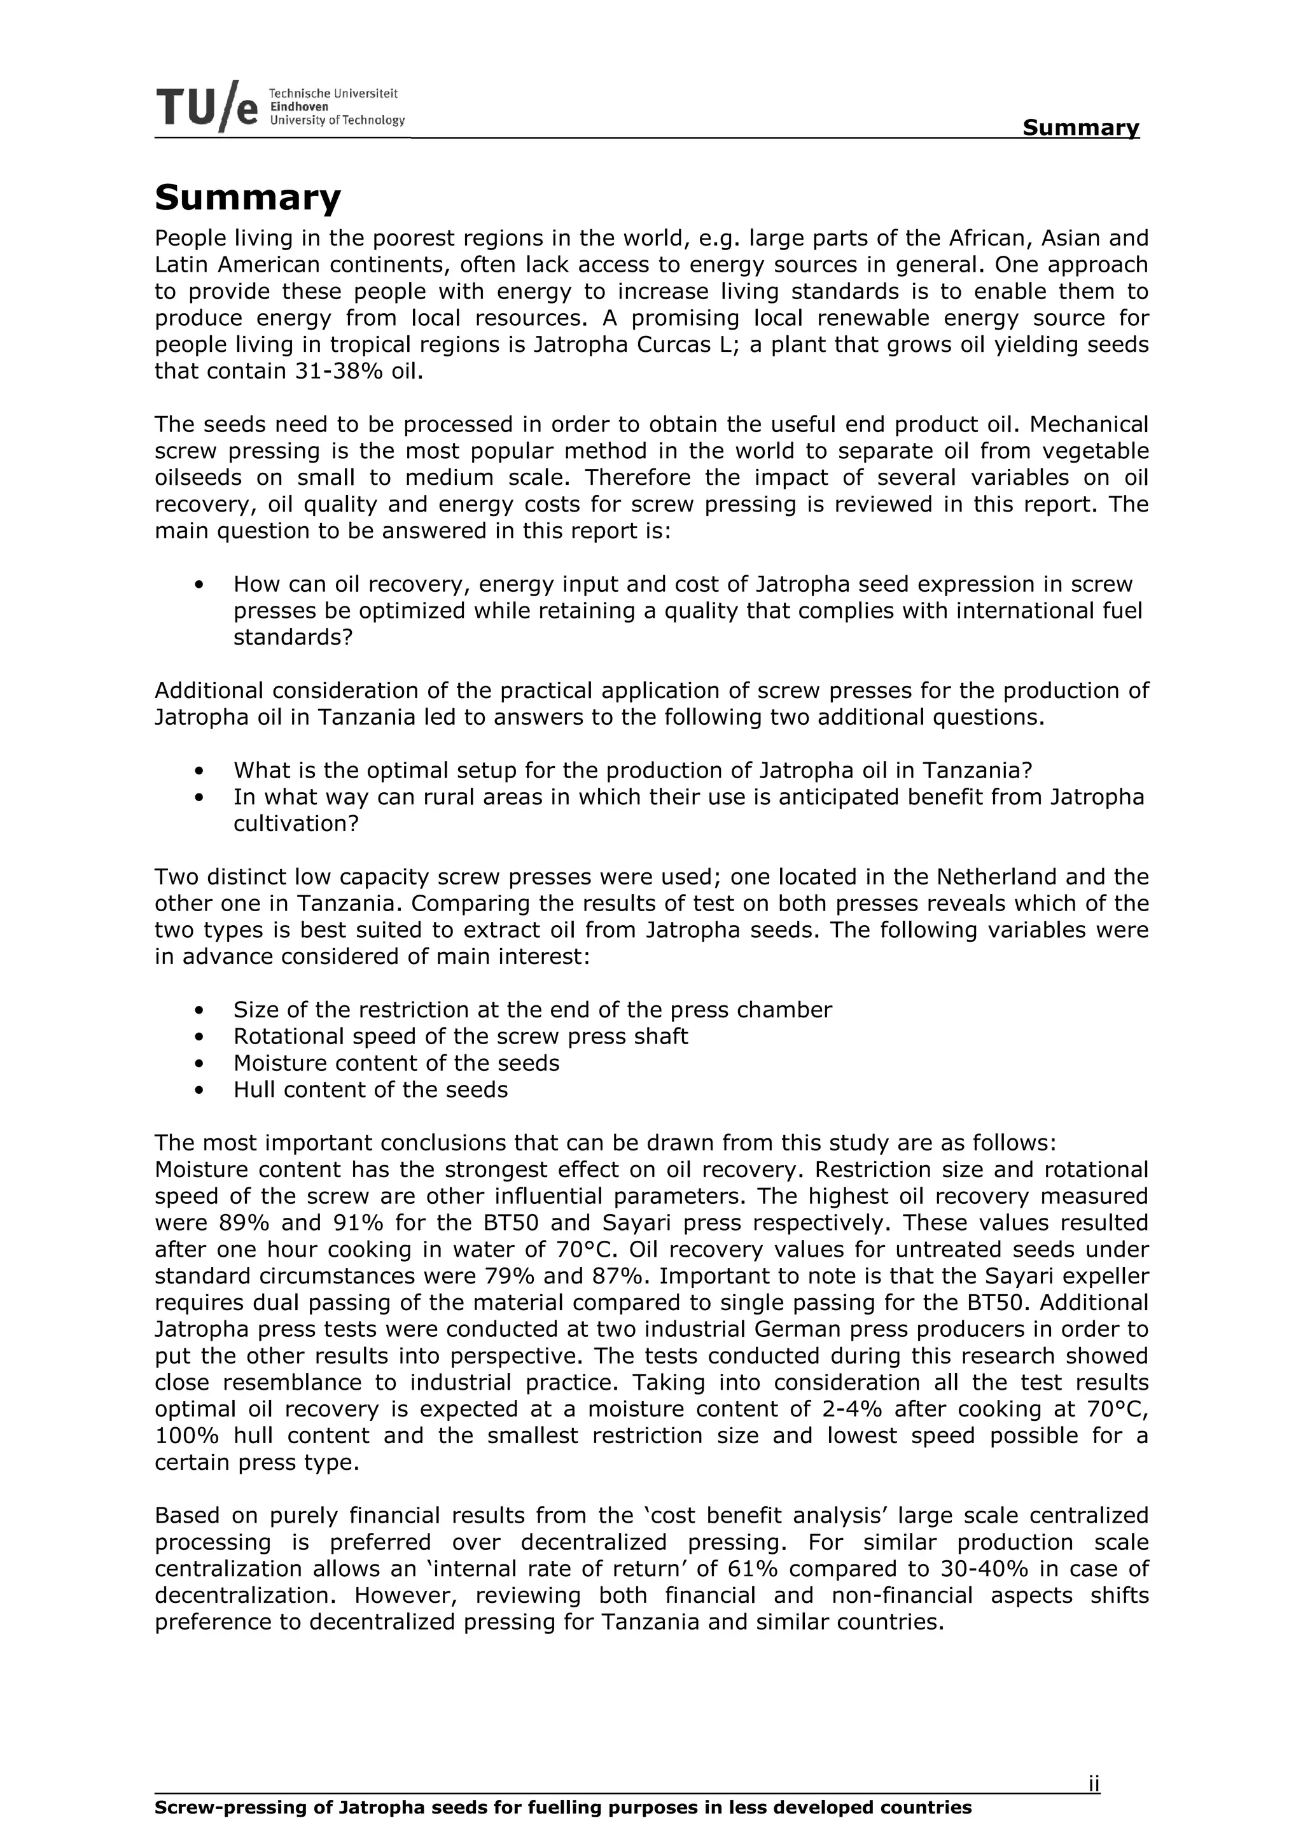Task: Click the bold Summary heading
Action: point(247,197)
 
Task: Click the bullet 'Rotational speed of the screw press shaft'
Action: point(460,1036)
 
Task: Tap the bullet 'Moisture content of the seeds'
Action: point(396,1063)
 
